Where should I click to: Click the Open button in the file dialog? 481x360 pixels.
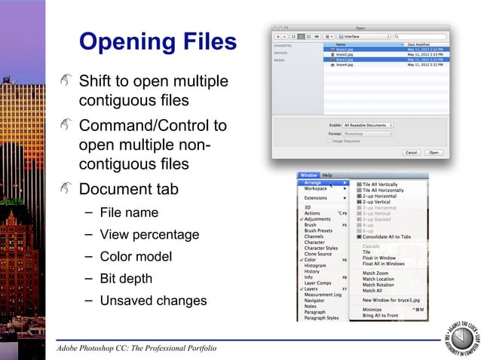pyautogui.click(x=434, y=152)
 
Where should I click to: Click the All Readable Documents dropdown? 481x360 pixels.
pyautogui.click(x=367, y=125)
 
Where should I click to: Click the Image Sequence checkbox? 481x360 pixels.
pyautogui.click(x=330, y=141)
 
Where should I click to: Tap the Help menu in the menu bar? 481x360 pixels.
pyautogui.click(x=327, y=175)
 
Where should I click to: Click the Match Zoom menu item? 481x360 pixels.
pyautogui.click(x=375, y=273)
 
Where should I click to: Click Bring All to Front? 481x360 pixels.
pyautogui.click(x=381, y=316)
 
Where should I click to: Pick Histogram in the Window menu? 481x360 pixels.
pyautogui.click(x=315, y=265)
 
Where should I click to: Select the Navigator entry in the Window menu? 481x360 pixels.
pyautogui.click(x=315, y=301)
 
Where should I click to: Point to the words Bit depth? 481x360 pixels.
pyautogui.click(x=126, y=279)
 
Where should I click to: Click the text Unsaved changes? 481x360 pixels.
pyautogui.click(x=153, y=301)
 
